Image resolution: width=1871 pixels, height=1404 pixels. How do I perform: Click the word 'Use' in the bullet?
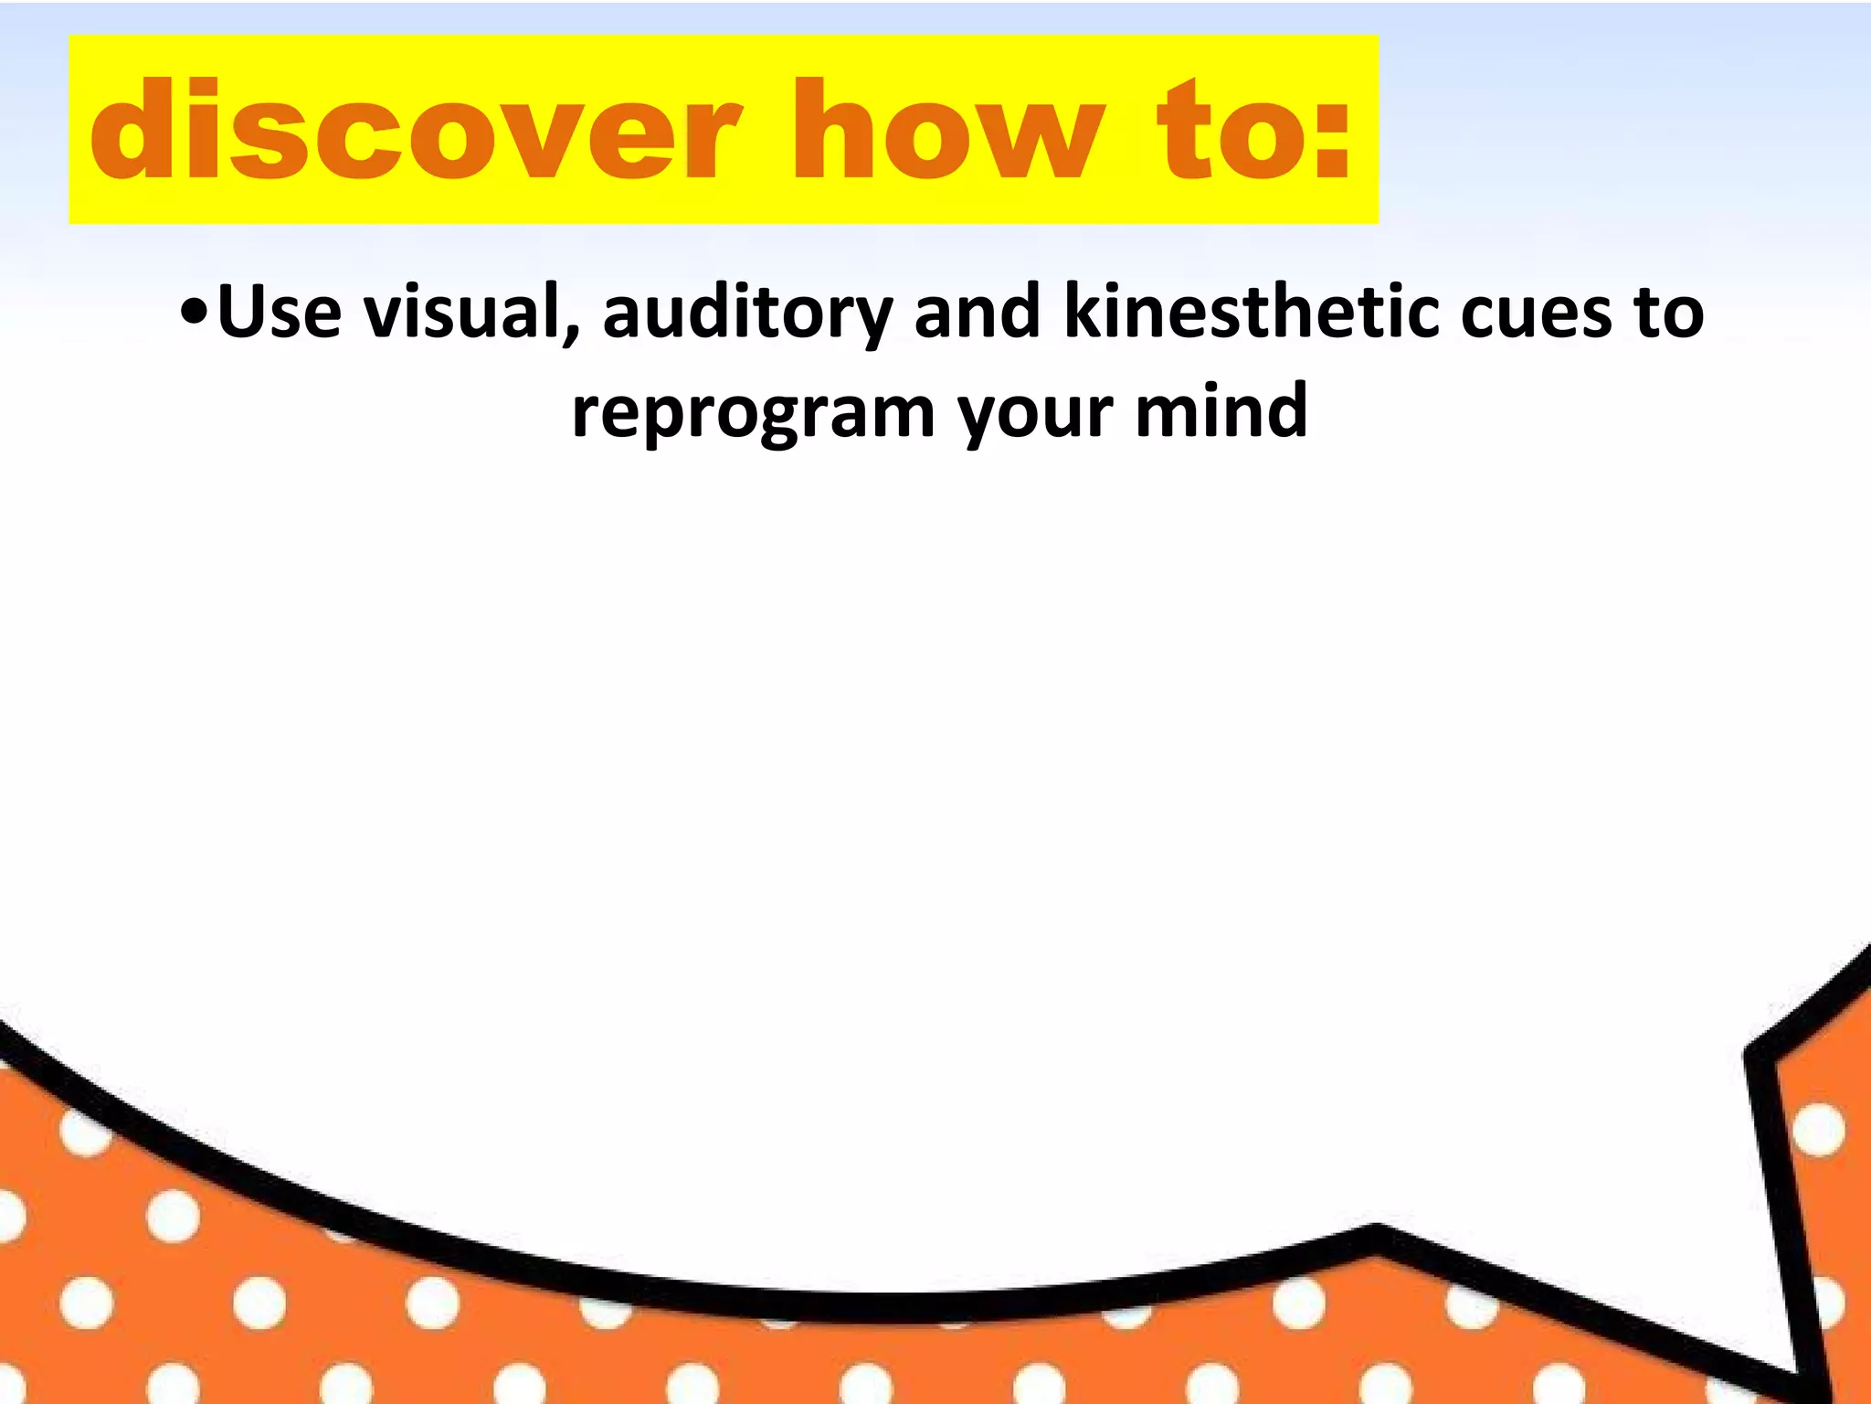(280, 313)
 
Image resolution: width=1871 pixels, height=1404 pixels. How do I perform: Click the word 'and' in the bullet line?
(978, 313)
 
